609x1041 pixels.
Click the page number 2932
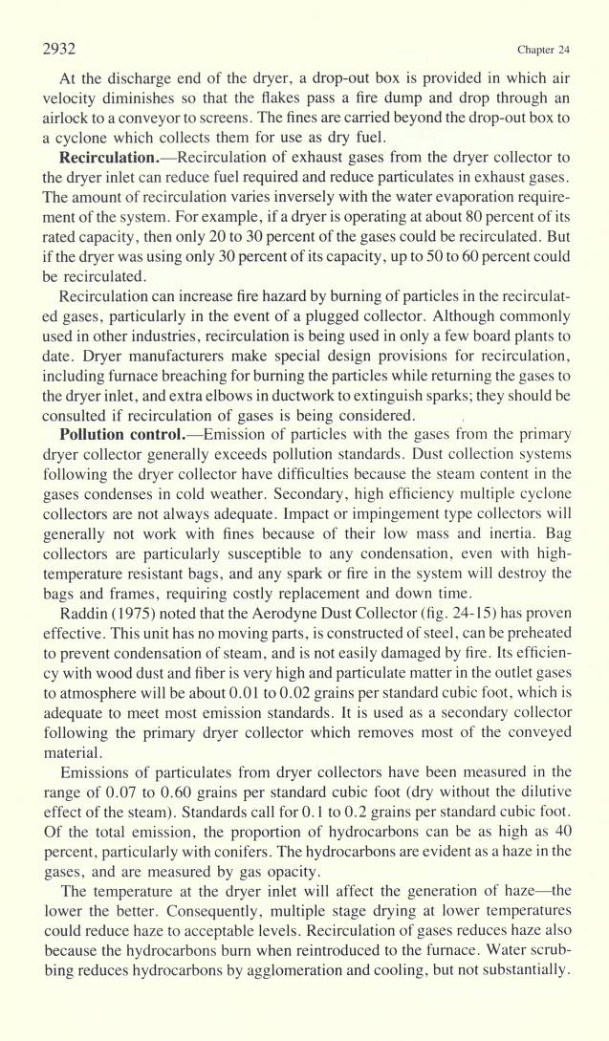[x=60, y=49]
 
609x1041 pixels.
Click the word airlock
[x=66, y=117]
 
